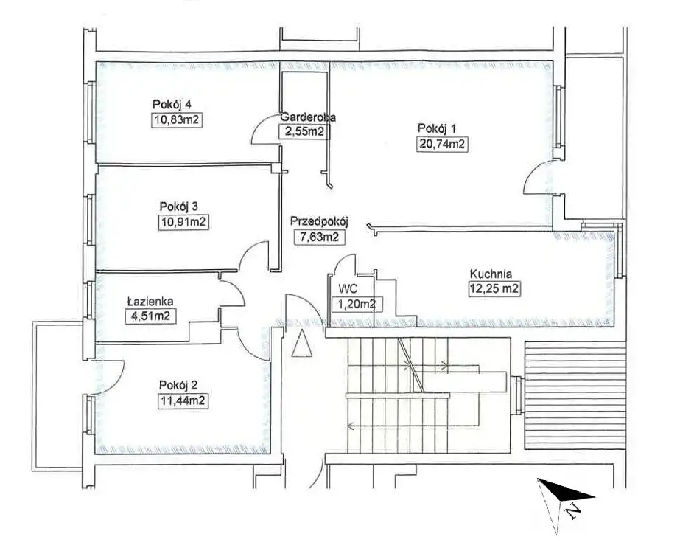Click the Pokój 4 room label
tap(172, 105)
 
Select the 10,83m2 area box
tap(178, 119)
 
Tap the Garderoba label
tap(308, 117)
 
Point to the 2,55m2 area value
tap(304, 131)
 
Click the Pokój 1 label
tap(437, 128)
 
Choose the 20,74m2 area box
tap(443, 143)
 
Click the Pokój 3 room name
tap(179, 206)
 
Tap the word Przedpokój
tap(320, 221)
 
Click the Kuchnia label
tap(491, 274)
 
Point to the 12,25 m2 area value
tap(494, 289)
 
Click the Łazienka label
tap(150, 301)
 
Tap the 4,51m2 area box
tap(150, 316)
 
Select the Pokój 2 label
tap(179, 385)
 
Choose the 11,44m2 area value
tap(183, 400)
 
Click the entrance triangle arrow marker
tap(301, 343)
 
